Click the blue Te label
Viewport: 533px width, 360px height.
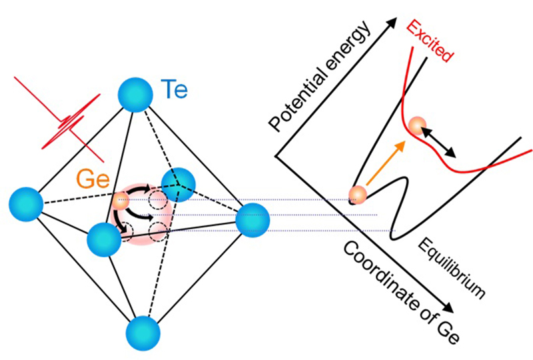pyautogui.click(x=175, y=87)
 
